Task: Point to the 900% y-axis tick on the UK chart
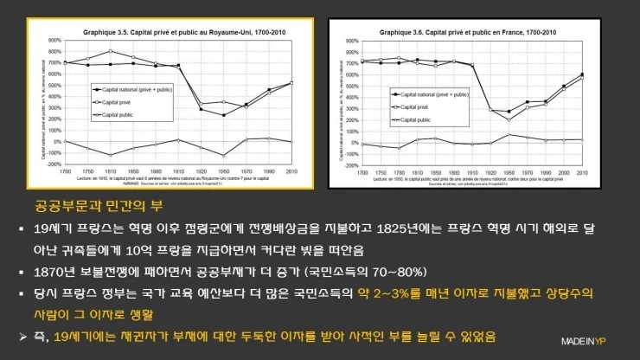(x=54, y=40)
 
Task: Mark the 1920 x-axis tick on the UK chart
(x=200, y=171)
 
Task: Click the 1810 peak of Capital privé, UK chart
(x=110, y=52)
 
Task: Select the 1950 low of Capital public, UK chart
(x=223, y=155)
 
